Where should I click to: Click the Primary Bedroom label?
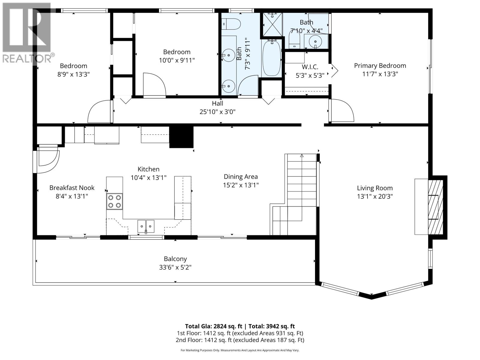coord(380,66)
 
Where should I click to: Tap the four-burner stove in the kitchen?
coord(114,201)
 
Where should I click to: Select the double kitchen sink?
coord(146,226)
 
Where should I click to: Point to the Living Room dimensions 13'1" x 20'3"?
coord(375,196)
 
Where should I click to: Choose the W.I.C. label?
coord(310,67)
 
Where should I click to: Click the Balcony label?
coord(175,259)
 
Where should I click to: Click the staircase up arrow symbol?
coord(302,156)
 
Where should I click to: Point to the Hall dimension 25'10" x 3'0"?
coord(217,112)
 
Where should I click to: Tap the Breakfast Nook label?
coord(72,188)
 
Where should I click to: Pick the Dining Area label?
coord(241,177)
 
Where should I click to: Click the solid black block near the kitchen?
coord(181,137)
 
